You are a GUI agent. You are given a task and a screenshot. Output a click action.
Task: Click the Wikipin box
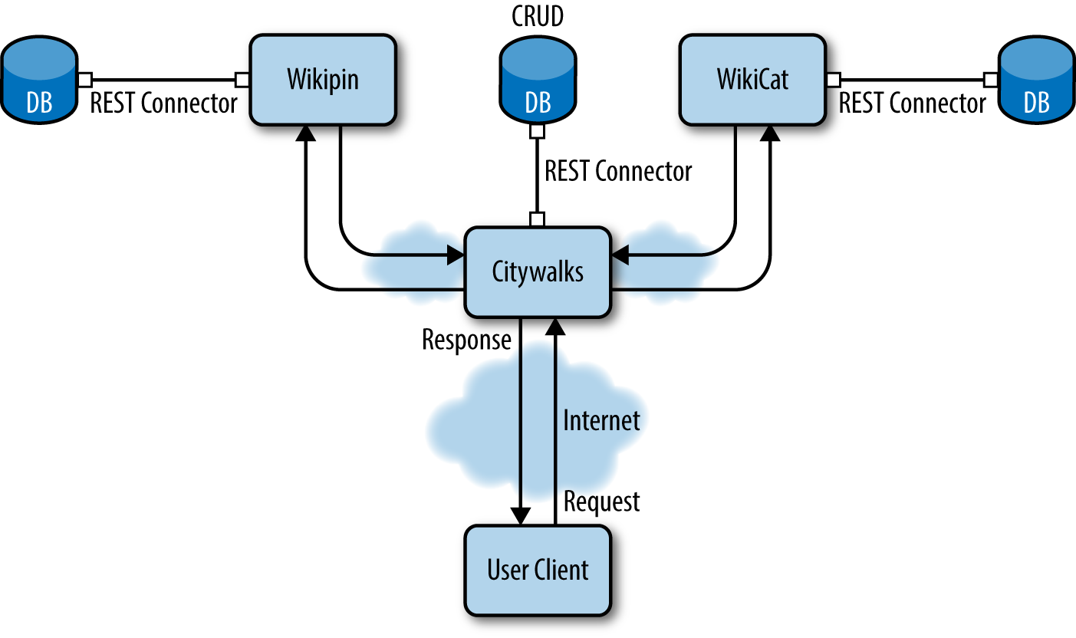point(323,80)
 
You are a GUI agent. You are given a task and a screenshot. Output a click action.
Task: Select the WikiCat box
point(752,80)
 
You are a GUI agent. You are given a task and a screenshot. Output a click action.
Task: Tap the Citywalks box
point(538,271)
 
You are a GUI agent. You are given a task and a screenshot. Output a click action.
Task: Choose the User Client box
point(538,570)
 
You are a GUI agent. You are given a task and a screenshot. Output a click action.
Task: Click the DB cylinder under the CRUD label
point(538,83)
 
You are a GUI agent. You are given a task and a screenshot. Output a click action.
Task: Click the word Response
point(466,340)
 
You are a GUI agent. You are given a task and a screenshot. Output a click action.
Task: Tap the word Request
point(602,502)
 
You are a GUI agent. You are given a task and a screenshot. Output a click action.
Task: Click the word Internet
point(602,420)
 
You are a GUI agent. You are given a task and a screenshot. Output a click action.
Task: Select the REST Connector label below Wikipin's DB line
point(164,104)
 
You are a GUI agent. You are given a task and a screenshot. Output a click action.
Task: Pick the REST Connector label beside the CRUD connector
point(618,171)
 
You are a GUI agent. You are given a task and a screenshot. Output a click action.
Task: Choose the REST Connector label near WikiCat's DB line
point(913,104)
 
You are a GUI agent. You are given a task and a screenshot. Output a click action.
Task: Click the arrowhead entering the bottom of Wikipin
point(307,133)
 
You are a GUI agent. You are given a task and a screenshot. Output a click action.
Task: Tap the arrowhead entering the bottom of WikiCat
point(770,133)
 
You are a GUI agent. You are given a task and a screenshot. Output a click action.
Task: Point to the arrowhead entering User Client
point(522,516)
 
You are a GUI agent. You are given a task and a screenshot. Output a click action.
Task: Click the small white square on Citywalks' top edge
point(538,220)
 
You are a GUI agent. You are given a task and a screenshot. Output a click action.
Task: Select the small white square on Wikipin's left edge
point(242,79)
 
